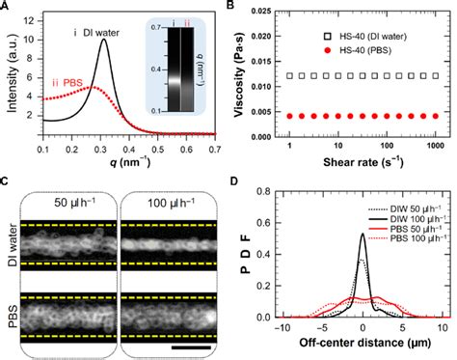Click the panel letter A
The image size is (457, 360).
tap(8, 8)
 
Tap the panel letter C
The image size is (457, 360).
tap(8, 182)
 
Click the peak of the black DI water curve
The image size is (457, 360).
tap(131, 39)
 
